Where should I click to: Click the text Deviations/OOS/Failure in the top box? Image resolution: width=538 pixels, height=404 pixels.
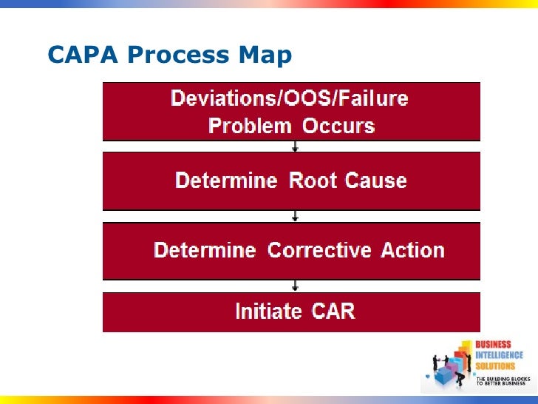click(x=290, y=98)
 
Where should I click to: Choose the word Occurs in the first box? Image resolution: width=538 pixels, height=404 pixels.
click(x=338, y=125)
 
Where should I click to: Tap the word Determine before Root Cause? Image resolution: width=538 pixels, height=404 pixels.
click(x=226, y=181)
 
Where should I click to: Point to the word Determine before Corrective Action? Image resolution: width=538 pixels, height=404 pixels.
click(x=205, y=250)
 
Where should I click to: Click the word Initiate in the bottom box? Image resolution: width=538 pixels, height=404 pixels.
click(x=268, y=311)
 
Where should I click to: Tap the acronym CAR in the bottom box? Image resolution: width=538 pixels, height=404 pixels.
click(x=332, y=311)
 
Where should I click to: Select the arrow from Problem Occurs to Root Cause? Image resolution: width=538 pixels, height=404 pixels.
click(x=296, y=147)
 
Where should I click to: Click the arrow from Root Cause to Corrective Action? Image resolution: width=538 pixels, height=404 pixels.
click(x=296, y=215)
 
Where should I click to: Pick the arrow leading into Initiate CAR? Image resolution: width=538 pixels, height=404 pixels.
click(x=296, y=285)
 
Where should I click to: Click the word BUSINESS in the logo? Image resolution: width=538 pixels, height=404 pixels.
click(x=493, y=346)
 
